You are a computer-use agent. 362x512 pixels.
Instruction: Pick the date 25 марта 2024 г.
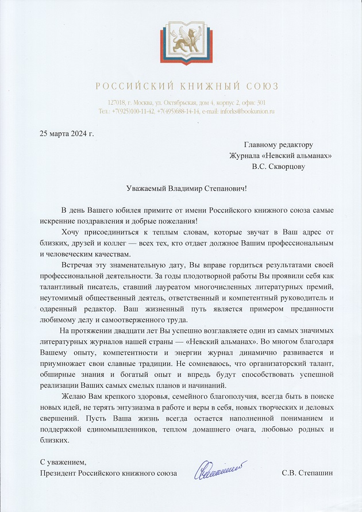[67, 134]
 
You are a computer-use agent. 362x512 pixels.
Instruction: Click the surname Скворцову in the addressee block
[287, 167]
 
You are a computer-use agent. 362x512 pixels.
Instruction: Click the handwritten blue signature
[219, 469]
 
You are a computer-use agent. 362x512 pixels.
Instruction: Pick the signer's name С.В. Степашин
[308, 473]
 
